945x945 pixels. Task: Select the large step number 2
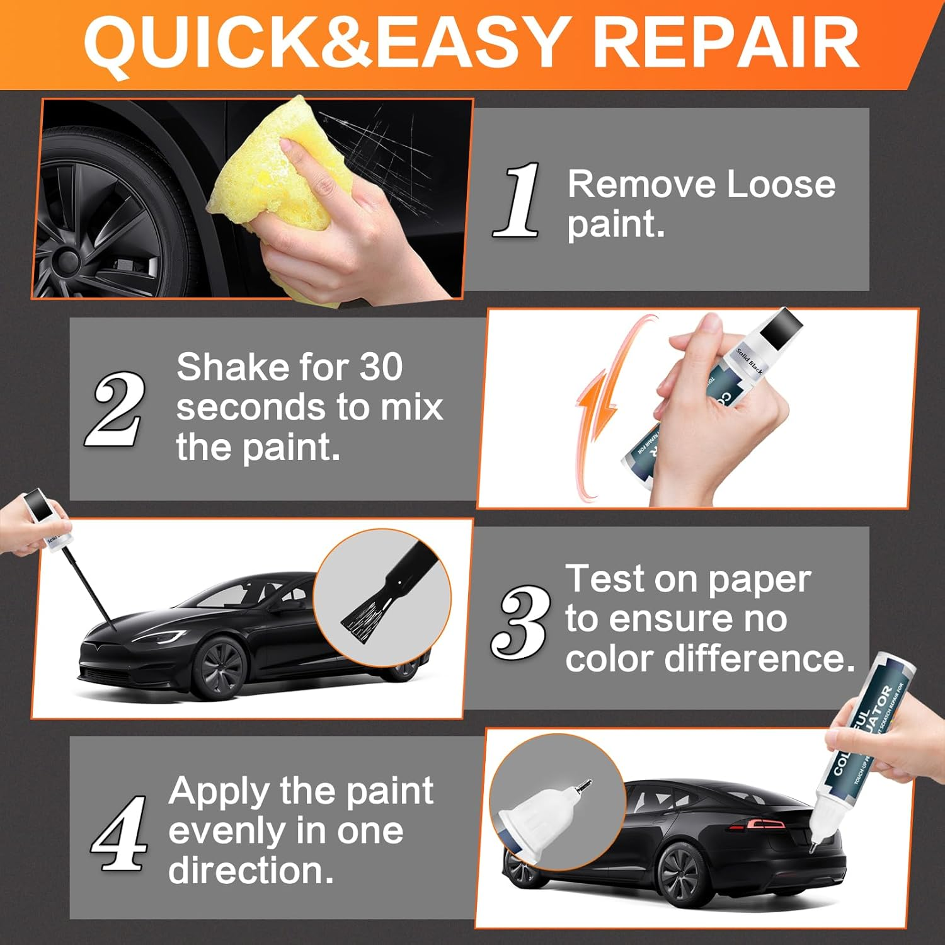(115, 409)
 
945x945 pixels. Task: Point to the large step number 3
(519, 621)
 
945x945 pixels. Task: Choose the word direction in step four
(251, 871)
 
